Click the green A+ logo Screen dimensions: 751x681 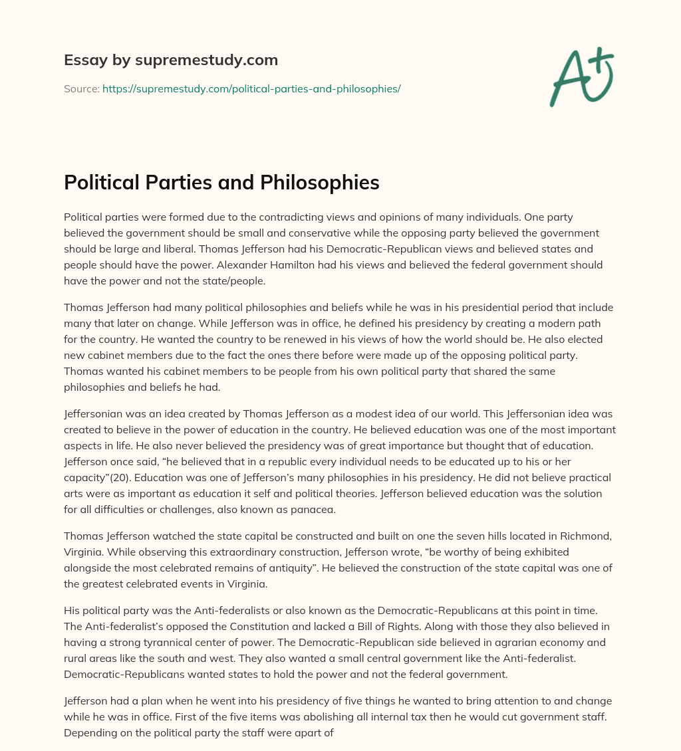point(580,78)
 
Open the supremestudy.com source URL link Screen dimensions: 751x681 point(251,88)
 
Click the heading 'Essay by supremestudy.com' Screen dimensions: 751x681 point(171,60)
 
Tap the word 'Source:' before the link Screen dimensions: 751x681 point(81,88)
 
